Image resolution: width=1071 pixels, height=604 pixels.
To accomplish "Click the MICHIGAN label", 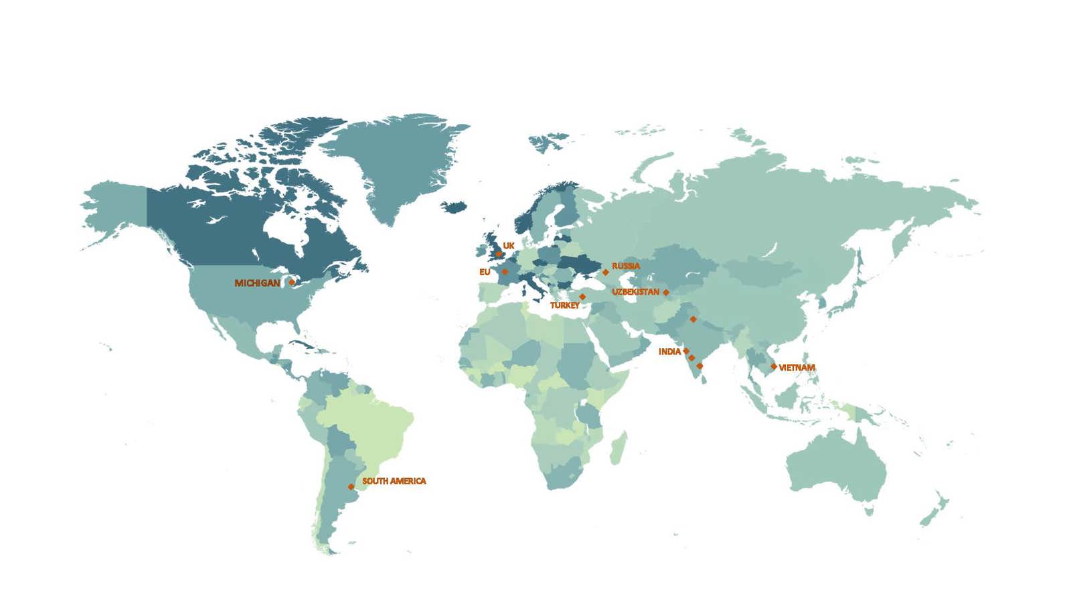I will click(x=257, y=283).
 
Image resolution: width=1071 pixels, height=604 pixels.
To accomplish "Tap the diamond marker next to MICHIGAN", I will click(x=292, y=283).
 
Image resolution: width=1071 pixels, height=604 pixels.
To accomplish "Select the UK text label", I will click(x=509, y=246).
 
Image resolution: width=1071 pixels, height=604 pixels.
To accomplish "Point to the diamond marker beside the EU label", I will click(x=505, y=272).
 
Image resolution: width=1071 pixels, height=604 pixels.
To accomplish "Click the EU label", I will click(x=485, y=273).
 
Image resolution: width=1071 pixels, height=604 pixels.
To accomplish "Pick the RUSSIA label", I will click(x=626, y=267).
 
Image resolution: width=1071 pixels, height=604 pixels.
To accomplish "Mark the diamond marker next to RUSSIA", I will click(x=606, y=273).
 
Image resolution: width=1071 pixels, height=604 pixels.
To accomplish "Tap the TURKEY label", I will click(x=565, y=305).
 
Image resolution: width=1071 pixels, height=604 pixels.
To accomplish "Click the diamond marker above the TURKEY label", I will click(x=582, y=297).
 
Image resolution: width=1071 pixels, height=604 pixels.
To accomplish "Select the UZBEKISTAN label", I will click(x=635, y=293).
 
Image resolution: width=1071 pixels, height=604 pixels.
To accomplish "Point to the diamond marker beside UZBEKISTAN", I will click(x=666, y=293).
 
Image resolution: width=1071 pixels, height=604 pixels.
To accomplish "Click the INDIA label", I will click(x=669, y=352).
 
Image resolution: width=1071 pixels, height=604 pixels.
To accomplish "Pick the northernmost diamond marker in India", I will click(x=693, y=319).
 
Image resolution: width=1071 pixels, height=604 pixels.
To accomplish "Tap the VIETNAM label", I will click(x=797, y=368).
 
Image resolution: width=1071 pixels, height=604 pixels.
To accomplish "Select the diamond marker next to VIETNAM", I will click(x=774, y=367).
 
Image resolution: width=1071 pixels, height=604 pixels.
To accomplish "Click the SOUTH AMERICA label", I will click(x=394, y=481).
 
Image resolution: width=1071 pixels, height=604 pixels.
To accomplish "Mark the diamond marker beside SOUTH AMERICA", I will click(x=351, y=487).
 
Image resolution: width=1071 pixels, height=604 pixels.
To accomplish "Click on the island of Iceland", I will click(x=455, y=206).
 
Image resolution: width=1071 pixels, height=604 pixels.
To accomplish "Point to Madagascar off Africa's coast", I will click(x=619, y=448).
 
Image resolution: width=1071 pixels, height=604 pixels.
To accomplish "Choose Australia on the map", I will click(x=837, y=469).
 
